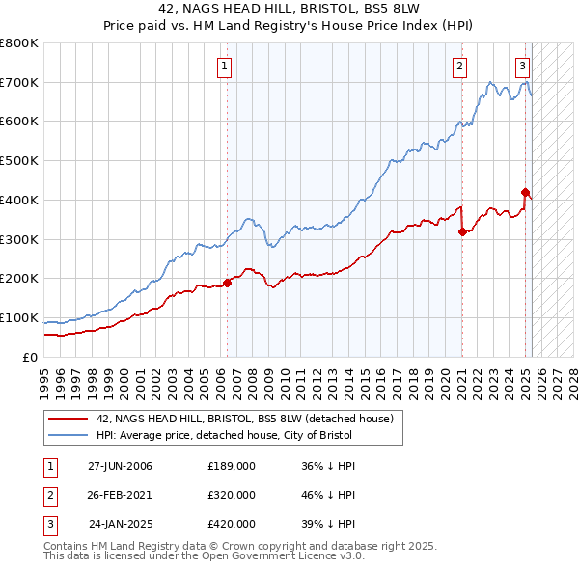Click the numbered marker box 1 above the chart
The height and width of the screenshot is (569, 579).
point(224,67)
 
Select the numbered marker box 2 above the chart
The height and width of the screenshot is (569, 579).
point(459,67)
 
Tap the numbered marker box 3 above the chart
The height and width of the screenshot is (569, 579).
point(522,67)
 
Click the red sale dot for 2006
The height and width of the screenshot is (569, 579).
point(228,283)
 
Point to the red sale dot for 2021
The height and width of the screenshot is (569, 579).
point(462,231)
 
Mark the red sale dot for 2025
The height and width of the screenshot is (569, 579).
point(525,192)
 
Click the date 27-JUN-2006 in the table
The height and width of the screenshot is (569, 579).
point(120,466)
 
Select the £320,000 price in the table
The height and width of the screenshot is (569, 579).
point(232,495)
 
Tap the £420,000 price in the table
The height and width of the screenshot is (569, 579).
point(232,524)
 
